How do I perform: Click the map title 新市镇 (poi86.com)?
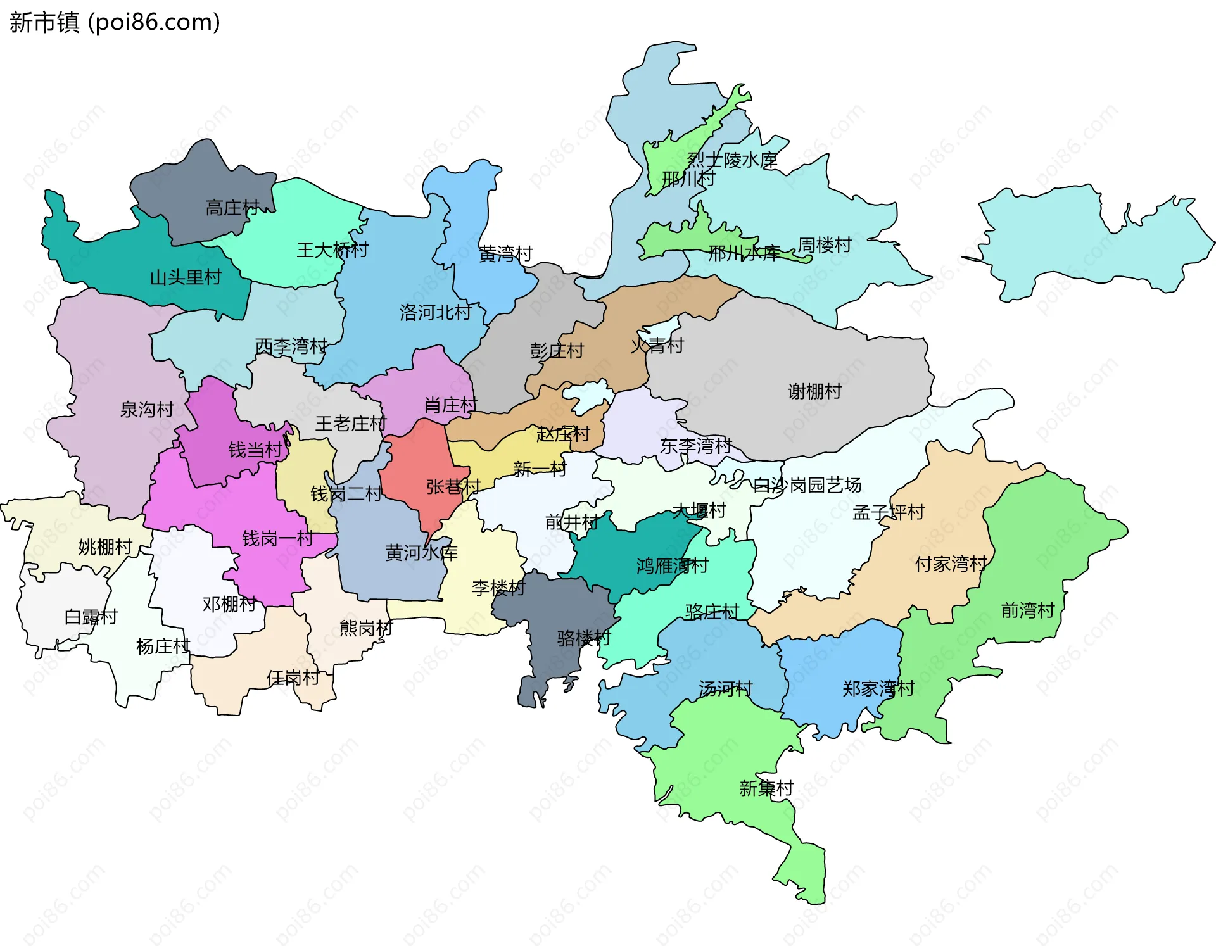pos(115,22)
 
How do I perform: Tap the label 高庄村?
pos(232,207)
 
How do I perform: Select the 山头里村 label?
pos(186,277)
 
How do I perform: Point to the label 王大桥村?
pos(332,249)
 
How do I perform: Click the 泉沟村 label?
pos(147,410)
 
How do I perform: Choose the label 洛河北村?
pos(436,312)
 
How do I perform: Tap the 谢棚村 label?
pos(814,391)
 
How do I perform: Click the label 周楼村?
pos(825,245)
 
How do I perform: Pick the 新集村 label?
pos(766,788)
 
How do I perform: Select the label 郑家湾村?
pos(878,688)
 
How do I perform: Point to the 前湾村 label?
pos(1027,610)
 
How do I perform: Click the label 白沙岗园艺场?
pos(807,485)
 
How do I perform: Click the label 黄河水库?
pos(421,553)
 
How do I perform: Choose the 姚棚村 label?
pos(105,546)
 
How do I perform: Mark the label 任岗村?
pos(293,678)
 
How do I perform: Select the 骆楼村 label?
pos(584,638)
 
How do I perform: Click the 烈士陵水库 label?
pos(732,160)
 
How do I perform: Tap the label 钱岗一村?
pos(278,539)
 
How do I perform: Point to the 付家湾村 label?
pos(951,564)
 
